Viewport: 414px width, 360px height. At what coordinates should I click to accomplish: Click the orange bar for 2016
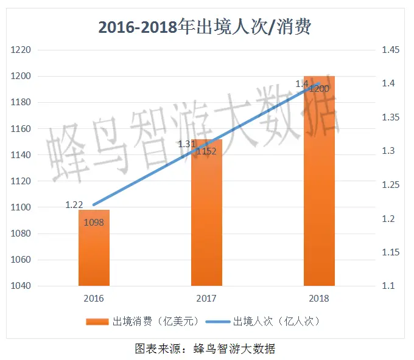click(94, 249)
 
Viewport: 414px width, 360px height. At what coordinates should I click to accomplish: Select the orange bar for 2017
click(206, 219)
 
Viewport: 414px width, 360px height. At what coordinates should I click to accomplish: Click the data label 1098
click(94, 222)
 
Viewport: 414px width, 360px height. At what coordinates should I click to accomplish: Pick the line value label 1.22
click(74, 205)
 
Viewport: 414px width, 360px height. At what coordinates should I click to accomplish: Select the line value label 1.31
click(186, 144)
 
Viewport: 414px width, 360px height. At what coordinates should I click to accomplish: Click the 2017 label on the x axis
click(206, 299)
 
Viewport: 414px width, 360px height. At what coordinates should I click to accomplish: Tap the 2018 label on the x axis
click(319, 299)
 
